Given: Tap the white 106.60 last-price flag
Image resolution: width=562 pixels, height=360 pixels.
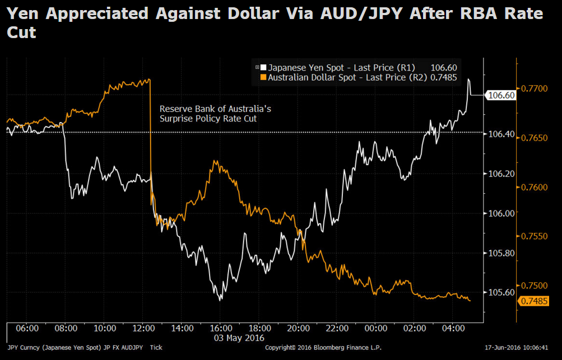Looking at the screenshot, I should [x=501, y=95].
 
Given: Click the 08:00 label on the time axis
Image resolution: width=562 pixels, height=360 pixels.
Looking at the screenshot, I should [x=66, y=328].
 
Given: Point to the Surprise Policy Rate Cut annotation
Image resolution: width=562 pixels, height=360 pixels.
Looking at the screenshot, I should [x=208, y=119].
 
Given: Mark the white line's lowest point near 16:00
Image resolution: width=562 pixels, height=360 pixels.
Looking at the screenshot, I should [x=220, y=300].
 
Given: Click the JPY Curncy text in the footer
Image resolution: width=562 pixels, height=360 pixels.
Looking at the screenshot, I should [x=22, y=348].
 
